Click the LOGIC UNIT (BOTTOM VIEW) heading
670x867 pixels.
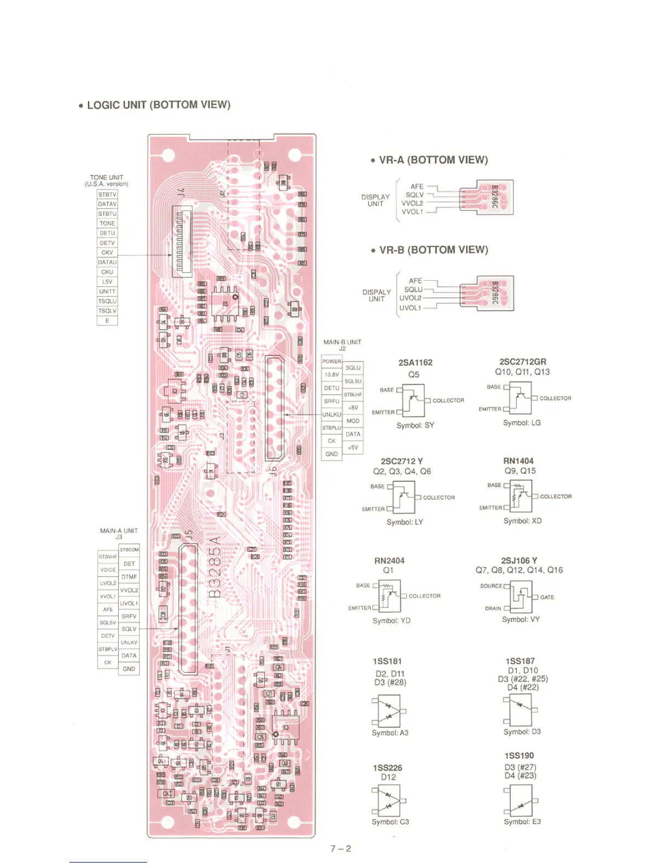click(158, 105)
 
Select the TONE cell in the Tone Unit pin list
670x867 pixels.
click(107, 223)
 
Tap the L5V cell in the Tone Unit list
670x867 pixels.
click(107, 282)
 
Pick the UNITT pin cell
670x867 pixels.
click(107, 292)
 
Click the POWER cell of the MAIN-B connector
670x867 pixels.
click(332, 361)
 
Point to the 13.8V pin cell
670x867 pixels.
click(332, 375)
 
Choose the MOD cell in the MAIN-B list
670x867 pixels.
click(353, 421)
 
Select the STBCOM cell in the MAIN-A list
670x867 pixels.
click(129, 550)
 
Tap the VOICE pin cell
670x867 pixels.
click(108, 570)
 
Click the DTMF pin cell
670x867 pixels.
click(129, 577)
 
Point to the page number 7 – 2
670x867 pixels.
click(340, 849)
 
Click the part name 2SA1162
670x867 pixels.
click(415, 363)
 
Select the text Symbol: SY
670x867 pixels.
click(415, 425)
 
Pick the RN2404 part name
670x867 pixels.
click(389, 560)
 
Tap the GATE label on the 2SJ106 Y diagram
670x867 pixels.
click(547, 597)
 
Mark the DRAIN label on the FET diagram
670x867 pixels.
click(493, 608)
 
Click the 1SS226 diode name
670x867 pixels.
click(388, 768)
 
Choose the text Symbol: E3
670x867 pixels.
click(522, 822)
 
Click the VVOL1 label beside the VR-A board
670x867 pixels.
click(413, 212)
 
